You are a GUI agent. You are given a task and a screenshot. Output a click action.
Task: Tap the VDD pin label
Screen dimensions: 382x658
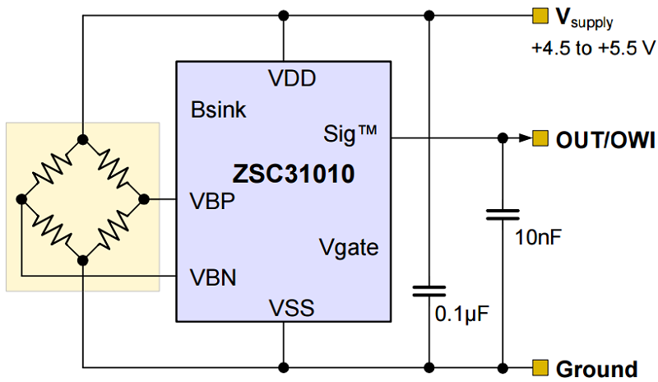[x=292, y=79]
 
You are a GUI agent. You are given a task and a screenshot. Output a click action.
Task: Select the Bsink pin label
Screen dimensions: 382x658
[x=218, y=109]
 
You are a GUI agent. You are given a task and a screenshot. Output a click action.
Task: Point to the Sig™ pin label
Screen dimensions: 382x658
[x=350, y=133]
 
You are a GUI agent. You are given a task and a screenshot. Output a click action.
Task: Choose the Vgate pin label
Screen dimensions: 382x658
[x=349, y=246]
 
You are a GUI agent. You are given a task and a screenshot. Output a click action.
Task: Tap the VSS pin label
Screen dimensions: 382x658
[x=292, y=308]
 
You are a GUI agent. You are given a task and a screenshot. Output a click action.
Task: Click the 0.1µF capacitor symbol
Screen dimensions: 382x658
[x=428, y=291]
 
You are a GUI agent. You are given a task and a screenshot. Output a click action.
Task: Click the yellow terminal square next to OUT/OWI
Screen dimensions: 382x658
[x=540, y=138]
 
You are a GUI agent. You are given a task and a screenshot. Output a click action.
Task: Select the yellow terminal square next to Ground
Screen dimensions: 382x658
[x=540, y=366]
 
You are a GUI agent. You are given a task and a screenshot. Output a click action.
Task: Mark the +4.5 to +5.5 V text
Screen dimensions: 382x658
[x=592, y=48]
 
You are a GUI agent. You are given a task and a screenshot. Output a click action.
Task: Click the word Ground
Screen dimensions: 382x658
[x=596, y=368]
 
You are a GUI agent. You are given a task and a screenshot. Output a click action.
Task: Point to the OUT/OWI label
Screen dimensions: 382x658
[x=605, y=139]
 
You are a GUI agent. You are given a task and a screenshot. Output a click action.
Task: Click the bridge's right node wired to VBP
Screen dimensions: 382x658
[x=145, y=199]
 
